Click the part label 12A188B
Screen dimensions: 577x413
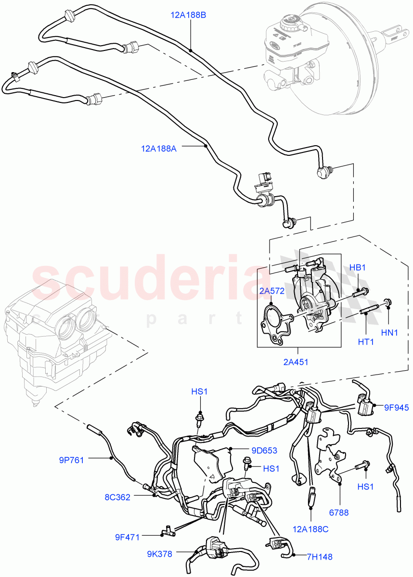188,15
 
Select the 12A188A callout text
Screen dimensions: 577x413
159,149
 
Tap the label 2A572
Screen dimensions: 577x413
271,291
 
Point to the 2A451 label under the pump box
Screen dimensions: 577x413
296,362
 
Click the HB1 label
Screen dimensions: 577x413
358,267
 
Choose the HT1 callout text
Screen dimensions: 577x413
365,342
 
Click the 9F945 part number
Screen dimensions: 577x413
396,408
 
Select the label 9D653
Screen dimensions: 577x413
264,451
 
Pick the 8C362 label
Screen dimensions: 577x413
117,497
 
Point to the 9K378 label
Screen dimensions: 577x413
159,553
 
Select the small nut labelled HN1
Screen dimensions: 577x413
387,302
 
